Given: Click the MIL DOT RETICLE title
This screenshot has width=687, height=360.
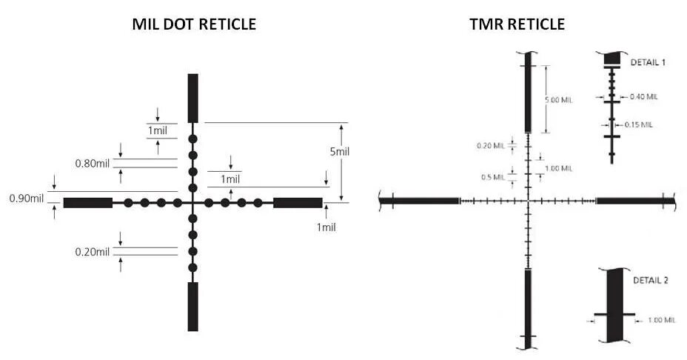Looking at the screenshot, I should coord(194,24).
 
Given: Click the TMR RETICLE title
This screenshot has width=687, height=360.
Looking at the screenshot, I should coord(517,24).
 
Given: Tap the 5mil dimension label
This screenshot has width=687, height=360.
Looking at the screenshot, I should coord(340,151).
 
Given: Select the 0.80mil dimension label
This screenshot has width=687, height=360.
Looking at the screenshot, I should coord(92,163).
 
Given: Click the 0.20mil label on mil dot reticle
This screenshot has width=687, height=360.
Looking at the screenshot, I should coord(92,252).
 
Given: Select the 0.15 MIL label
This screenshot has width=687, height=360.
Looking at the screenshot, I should coord(637,124).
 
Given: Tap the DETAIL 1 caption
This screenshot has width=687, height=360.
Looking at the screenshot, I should coord(648,62).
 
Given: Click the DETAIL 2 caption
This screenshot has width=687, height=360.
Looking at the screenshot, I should coord(651,281).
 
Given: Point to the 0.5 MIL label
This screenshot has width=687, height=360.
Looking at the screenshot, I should coord(493,176).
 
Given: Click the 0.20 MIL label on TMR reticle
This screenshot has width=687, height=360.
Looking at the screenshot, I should coord(490,145).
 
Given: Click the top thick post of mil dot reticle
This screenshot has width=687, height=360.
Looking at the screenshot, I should coord(192,98).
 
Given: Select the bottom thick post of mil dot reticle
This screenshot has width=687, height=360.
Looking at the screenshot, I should coord(192,306).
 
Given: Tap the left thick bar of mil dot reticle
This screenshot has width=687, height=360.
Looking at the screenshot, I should coord(87,202).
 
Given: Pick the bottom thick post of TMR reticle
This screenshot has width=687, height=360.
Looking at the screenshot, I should coord(528,307).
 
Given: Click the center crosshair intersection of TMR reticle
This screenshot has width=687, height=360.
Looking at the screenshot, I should coord(528,201).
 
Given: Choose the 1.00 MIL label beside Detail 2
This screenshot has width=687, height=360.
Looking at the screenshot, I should coord(661,320).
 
